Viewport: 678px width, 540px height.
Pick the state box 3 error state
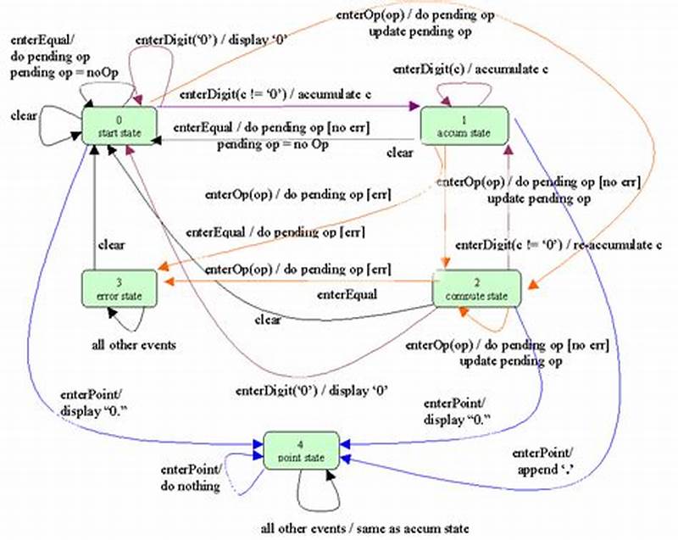(x=119, y=288)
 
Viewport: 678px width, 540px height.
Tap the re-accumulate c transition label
(x=559, y=245)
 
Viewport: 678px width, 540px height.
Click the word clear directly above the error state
(x=111, y=245)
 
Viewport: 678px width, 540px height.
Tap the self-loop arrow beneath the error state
(x=125, y=320)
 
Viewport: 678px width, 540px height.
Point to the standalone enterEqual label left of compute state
(x=347, y=295)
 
